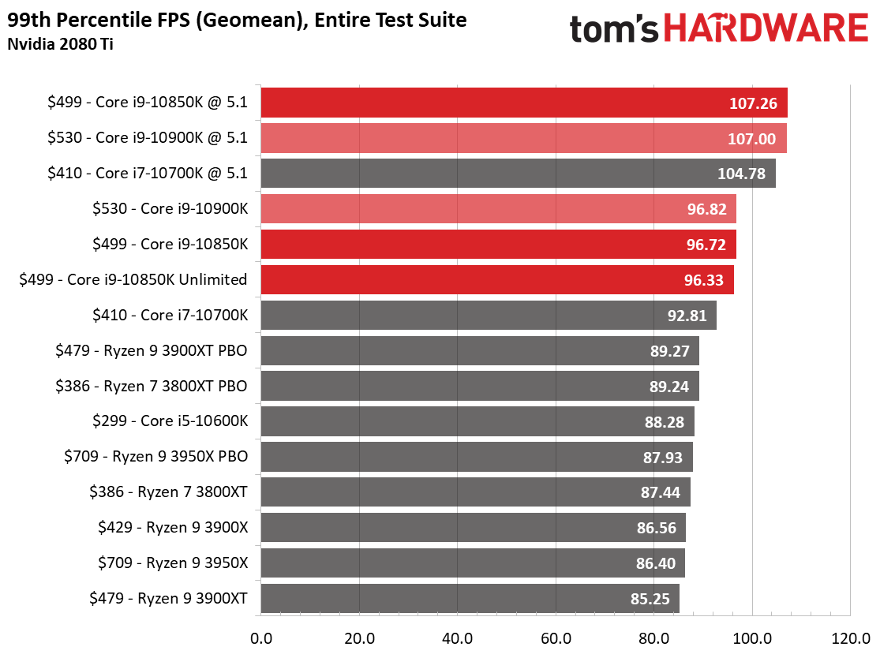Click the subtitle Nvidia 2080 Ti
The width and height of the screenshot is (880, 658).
[x=49, y=43]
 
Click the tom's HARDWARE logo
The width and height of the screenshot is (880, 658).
[x=718, y=29]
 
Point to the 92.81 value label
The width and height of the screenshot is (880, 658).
[x=687, y=316]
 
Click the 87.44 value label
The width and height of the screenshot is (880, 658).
[x=661, y=492]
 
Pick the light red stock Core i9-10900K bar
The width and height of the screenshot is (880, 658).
[x=498, y=209]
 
